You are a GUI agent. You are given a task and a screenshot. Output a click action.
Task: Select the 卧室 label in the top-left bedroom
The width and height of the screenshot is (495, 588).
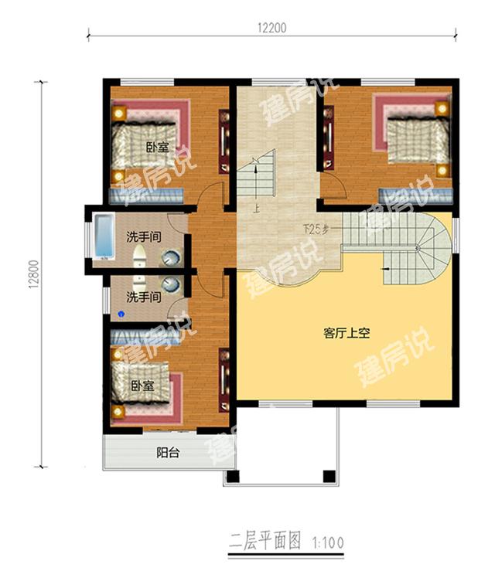pos(158,147)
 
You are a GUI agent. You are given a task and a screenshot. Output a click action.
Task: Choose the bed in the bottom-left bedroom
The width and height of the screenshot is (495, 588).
pos(145,383)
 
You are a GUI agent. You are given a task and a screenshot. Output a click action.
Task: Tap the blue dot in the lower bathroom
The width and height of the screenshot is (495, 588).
pos(121,314)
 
